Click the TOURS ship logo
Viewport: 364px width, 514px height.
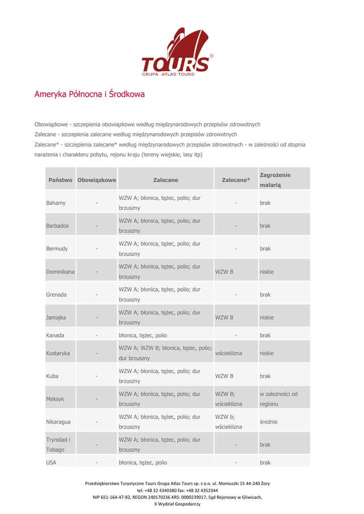pyautogui.click(x=176, y=53)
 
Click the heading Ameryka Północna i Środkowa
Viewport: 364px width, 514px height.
pyautogui.click(x=89, y=94)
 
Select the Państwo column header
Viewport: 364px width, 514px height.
pyautogui.click(x=60, y=180)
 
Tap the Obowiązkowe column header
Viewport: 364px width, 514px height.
pyautogui.click(x=96, y=180)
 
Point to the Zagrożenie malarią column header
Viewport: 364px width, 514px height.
pyautogui.click(x=275, y=180)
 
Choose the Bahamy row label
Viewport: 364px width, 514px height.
pyautogui.click(x=56, y=203)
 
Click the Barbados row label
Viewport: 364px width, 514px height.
pyautogui.click(x=57, y=226)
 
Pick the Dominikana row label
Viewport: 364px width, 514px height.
pyautogui.click(x=60, y=272)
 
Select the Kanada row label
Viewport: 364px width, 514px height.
pyautogui.click(x=55, y=335)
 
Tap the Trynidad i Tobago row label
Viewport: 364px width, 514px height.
pyautogui.click(x=58, y=445)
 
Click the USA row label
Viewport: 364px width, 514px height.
pyautogui.click(x=51, y=463)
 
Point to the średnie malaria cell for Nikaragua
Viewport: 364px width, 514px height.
pyautogui.click(x=269, y=422)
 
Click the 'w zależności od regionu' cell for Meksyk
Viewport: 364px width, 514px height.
pyautogui.click(x=279, y=399)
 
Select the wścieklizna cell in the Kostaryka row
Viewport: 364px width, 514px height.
pyautogui.click(x=228, y=353)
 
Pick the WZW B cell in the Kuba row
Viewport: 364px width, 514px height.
pyautogui.click(x=224, y=376)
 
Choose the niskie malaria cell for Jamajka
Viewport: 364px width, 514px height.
pyautogui.click(x=267, y=318)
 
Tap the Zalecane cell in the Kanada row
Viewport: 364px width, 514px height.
pyautogui.click(x=143, y=335)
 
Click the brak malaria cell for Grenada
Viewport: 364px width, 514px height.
pyautogui.click(x=265, y=295)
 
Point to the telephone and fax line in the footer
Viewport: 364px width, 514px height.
pyautogui.click(x=177, y=490)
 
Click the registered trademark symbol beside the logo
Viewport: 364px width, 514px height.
pyautogui.click(x=211, y=56)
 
